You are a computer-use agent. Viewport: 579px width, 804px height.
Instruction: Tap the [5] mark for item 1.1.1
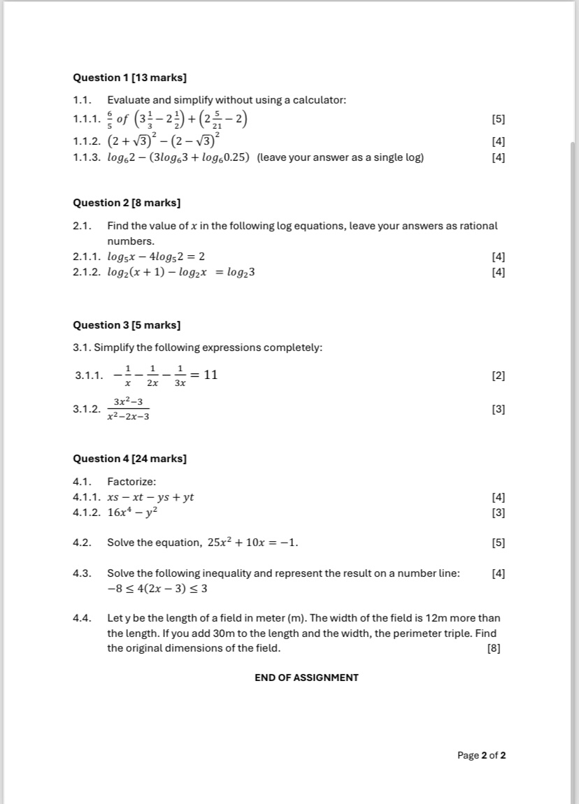[498, 120]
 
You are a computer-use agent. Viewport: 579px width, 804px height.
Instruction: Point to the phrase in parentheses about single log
[340, 157]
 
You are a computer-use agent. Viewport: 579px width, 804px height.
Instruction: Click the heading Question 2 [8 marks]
[127, 203]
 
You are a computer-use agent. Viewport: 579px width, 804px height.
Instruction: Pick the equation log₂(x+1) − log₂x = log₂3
[180, 272]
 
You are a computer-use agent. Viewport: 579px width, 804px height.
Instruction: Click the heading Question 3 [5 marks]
[127, 325]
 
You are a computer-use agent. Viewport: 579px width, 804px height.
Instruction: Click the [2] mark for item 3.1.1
[498, 376]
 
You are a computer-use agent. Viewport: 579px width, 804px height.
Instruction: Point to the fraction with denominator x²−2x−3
[128, 409]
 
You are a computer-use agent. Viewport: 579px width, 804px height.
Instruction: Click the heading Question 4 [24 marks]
[129, 459]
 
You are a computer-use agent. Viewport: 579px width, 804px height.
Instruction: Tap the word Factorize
[131, 482]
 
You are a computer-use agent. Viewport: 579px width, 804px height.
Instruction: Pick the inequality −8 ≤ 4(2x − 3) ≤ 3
[157, 589]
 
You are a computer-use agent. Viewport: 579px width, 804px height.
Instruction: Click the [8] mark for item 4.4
[494, 648]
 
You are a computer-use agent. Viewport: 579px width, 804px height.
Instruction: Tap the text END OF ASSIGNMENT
[306, 677]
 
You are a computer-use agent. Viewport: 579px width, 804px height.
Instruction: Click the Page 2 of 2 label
[481, 755]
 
